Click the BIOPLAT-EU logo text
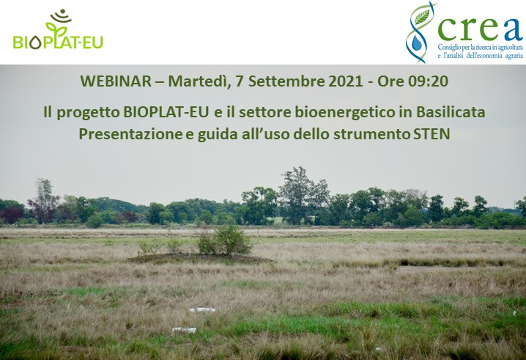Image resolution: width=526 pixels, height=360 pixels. point(58,42)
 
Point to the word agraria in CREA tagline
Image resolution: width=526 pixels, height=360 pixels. point(506,56)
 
